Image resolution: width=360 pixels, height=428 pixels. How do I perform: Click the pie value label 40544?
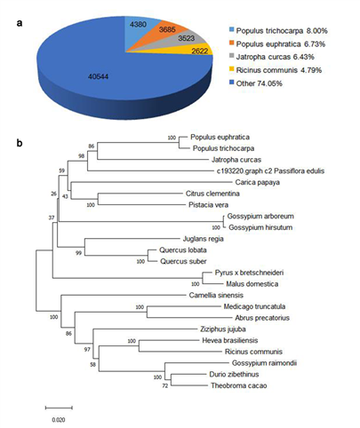tap(98, 76)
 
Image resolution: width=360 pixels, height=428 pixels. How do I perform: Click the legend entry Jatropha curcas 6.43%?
tap(272, 57)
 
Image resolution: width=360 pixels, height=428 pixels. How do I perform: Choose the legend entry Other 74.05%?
tap(256, 83)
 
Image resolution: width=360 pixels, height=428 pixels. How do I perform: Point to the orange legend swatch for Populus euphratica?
tap(231, 43)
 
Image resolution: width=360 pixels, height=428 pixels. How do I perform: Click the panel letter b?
tap(20, 143)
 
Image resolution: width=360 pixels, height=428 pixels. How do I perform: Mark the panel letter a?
tap(20, 23)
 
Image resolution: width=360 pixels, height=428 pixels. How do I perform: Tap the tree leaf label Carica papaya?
tap(258, 182)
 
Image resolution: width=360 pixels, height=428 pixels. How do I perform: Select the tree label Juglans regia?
tap(203, 239)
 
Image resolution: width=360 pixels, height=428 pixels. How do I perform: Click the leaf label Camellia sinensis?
tap(216, 295)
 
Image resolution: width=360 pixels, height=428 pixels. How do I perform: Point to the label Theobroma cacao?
tap(239, 385)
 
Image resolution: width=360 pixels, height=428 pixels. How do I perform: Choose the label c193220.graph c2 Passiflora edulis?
tap(270, 170)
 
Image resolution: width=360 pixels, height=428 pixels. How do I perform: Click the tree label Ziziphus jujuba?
tap(223, 329)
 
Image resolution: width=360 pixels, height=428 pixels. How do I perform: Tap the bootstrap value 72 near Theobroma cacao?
tap(164, 385)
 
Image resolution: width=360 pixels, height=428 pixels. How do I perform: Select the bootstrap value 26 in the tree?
tap(53, 194)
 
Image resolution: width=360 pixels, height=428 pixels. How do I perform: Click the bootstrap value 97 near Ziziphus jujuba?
tap(87, 350)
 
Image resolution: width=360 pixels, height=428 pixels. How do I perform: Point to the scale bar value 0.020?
tap(59, 420)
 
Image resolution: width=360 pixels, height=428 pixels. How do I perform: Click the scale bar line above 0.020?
tap(59, 408)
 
